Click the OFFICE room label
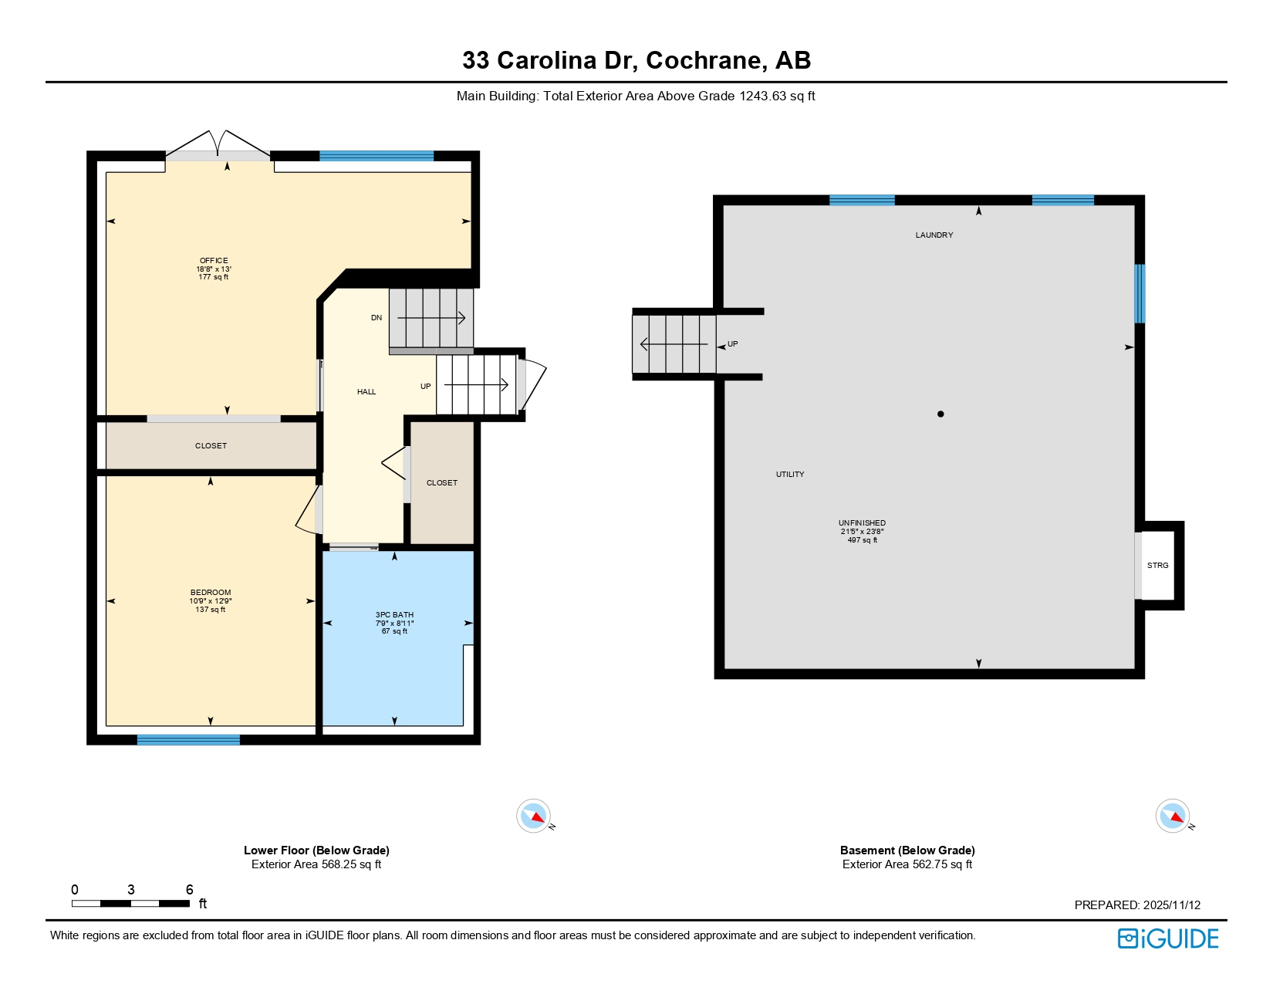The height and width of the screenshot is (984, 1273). point(214,261)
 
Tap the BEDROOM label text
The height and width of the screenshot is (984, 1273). point(211,593)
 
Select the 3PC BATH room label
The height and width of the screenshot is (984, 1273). point(394,615)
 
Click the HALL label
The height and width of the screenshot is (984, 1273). point(366,392)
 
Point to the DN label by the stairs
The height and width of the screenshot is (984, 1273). point(376,318)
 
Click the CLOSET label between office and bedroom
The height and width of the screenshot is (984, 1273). point(211,446)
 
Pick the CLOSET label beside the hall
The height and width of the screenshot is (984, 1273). point(442,483)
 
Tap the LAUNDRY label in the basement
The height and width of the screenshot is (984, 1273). point(934,235)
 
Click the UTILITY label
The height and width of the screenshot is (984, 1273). point(790,475)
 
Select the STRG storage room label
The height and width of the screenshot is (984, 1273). point(1157,566)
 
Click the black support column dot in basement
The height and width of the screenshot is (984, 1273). point(940,414)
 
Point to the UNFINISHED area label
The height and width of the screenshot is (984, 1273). point(862,523)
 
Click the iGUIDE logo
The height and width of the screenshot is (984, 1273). point(1168,938)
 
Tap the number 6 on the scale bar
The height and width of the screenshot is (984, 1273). point(189,890)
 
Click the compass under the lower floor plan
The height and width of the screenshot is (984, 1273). point(534,816)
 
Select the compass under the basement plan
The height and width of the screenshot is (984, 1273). point(1173,816)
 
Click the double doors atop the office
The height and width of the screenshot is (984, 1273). point(218,145)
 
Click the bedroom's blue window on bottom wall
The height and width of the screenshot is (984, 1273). point(188,740)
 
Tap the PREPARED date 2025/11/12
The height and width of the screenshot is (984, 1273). point(1172,905)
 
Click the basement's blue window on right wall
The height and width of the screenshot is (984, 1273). point(1140,294)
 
